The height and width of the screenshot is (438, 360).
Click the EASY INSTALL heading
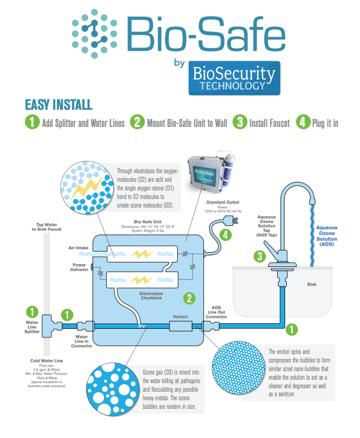click(59, 105)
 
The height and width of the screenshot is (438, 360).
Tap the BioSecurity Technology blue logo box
click(234, 78)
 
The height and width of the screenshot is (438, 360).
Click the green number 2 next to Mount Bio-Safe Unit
click(137, 122)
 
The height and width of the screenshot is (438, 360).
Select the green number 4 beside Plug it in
click(303, 122)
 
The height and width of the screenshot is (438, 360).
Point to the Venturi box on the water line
click(181, 326)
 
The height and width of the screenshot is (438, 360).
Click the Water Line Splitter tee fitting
click(51, 326)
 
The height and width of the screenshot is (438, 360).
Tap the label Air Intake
click(78, 248)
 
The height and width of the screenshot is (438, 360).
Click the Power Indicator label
click(79, 268)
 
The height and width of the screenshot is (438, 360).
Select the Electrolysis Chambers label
click(151, 296)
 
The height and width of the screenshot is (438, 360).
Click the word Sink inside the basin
click(312, 284)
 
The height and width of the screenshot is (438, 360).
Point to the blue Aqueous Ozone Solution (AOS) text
click(326, 236)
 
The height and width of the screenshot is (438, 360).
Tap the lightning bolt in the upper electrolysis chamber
click(142, 254)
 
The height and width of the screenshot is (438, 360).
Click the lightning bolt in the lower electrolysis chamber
click(141, 280)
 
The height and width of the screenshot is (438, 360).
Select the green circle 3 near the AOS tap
click(259, 256)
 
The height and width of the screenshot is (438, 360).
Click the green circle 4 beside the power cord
click(226, 234)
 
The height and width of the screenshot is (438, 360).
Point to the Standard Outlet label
click(223, 202)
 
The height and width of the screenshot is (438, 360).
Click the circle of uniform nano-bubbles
click(239, 367)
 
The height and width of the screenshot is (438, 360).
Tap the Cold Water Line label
click(47, 361)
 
